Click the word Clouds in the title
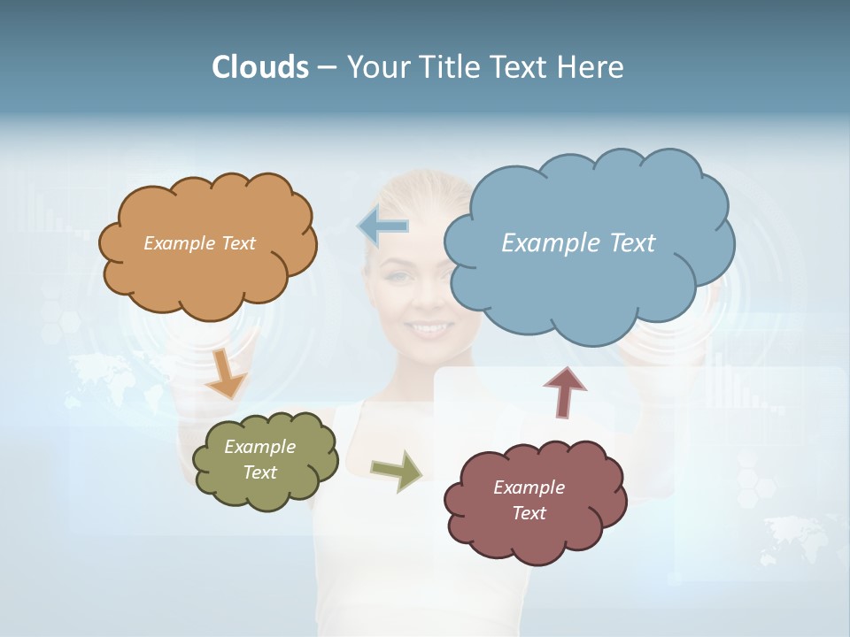[259, 67]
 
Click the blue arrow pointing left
[383, 226]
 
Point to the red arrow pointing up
[565, 391]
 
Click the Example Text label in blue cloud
[578, 243]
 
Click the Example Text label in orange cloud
[199, 243]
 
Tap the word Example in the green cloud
[259, 448]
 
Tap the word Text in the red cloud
[529, 513]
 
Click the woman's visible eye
[401, 277]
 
